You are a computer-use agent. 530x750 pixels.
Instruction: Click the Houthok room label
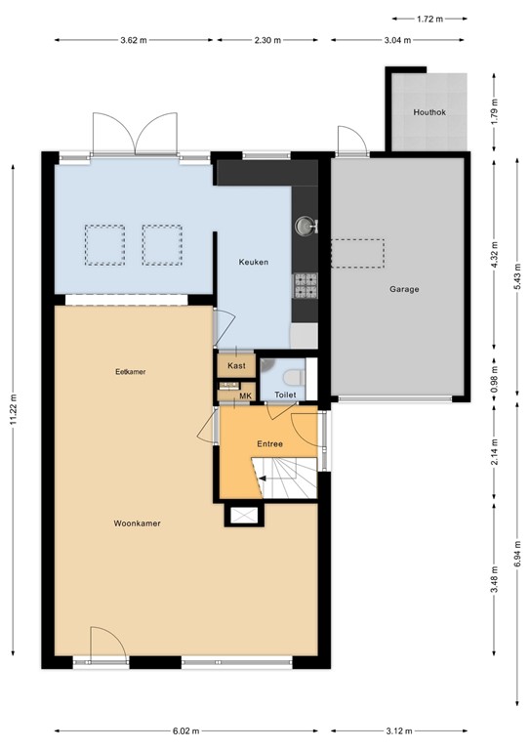click(428, 111)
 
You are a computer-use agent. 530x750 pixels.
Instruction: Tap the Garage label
click(404, 289)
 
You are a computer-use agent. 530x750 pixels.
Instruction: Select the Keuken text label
click(254, 263)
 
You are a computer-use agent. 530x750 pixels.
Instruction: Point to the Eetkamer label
click(130, 372)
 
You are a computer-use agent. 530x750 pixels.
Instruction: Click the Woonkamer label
click(136, 523)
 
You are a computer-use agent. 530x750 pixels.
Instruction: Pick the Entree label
click(269, 443)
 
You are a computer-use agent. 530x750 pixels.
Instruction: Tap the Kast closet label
click(236, 365)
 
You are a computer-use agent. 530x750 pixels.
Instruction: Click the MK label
click(245, 396)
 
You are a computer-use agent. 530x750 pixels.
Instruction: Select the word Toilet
click(285, 396)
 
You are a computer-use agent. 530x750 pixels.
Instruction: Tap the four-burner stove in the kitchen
click(306, 284)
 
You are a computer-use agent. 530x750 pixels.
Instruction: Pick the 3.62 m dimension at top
click(133, 40)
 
